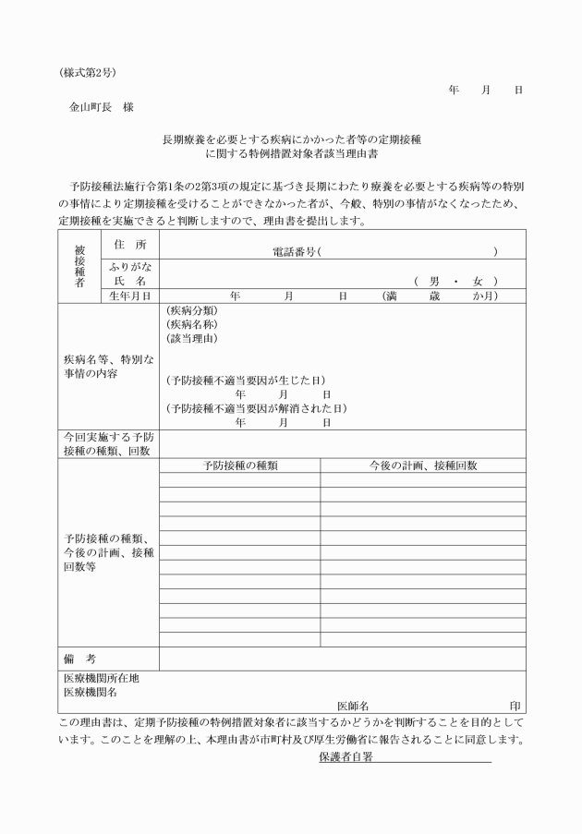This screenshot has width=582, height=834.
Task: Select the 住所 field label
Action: click(x=130, y=244)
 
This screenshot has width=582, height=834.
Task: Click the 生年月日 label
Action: click(x=130, y=296)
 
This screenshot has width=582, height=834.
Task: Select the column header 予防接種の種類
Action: click(x=240, y=465)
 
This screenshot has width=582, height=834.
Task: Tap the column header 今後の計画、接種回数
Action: click(x=423, y=465)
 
